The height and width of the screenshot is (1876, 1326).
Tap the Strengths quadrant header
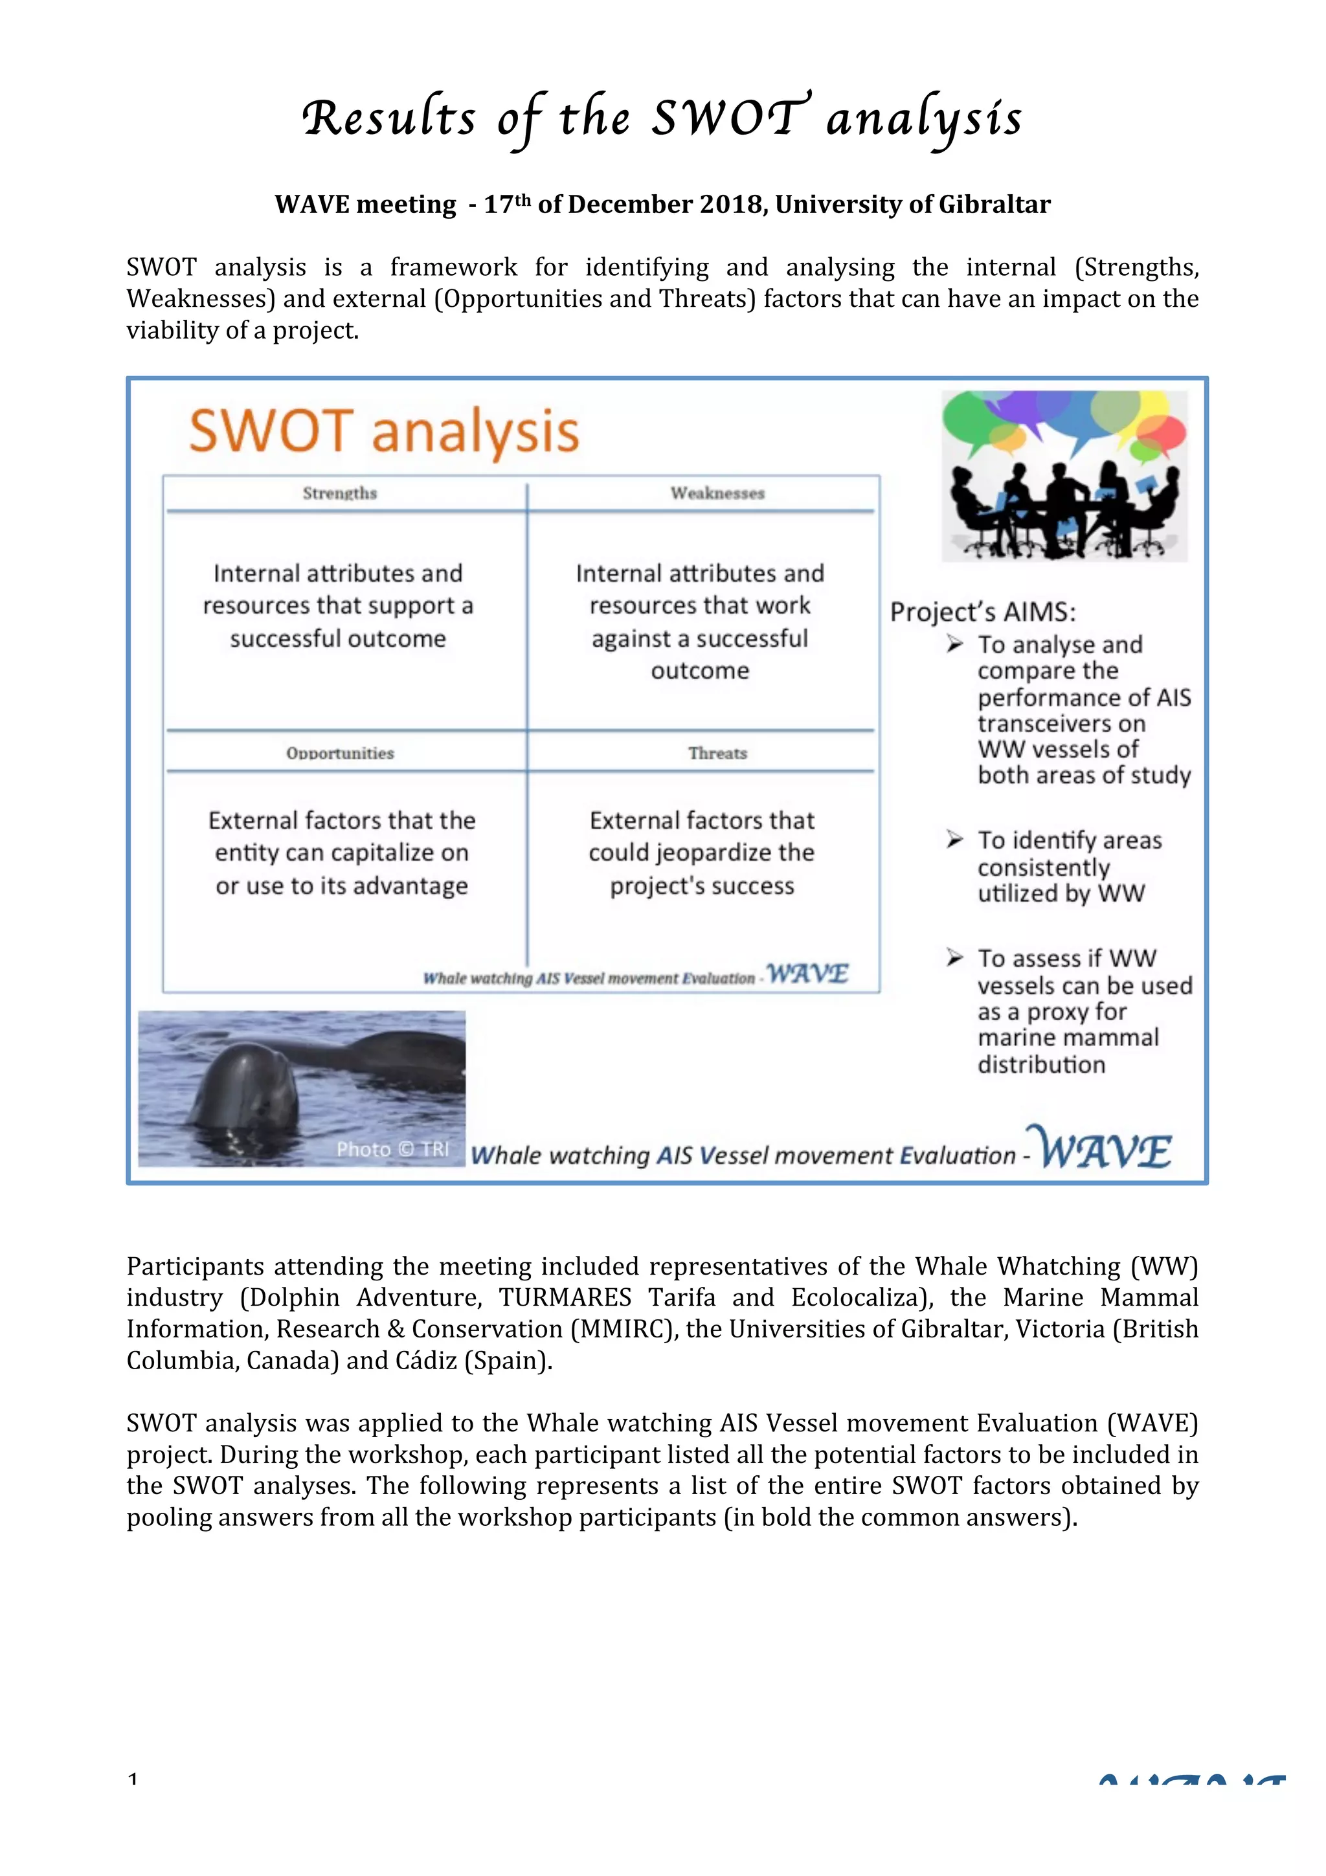click(x=339, y=493)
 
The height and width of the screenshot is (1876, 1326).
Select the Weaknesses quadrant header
click(x=717, y=493)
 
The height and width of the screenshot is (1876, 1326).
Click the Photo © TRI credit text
click(x=393, y=1149)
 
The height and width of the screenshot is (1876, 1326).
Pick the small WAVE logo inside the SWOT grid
click(x=807, y=974)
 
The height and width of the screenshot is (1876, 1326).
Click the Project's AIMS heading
click(x=983, y=612)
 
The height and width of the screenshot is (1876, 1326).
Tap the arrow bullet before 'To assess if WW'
click(x=954, y=957)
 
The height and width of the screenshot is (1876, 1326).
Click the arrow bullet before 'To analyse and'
click(x=954, y=644)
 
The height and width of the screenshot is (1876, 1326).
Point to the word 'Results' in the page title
click(x=388, y=118)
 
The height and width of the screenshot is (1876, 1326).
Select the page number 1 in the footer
click(x=132, y=1779)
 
